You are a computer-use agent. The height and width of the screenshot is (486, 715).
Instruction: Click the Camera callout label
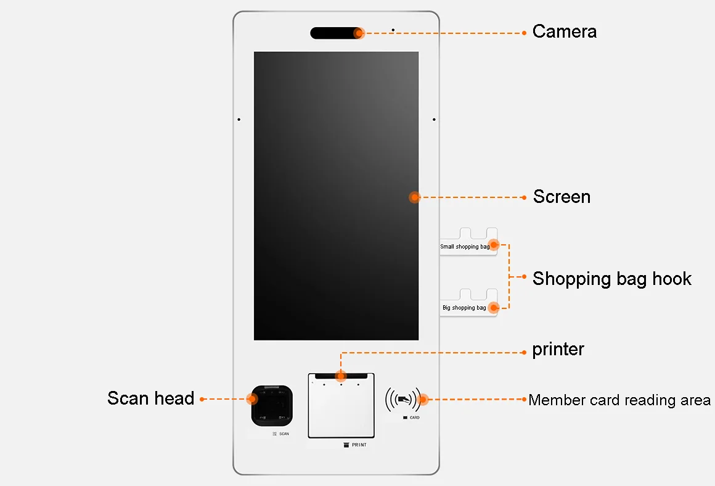click(x=564, y=31)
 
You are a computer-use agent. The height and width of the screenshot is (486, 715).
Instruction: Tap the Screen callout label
click(x=562, y=197)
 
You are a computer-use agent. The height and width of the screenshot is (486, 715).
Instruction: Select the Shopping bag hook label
click(x=611, y=279)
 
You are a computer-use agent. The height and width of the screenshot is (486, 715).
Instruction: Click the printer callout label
click(x=558, y=349)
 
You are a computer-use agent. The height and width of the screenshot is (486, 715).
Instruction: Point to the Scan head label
click(x=150, y=398)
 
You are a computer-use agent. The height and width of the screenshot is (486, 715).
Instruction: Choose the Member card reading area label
click(x=619, y=400)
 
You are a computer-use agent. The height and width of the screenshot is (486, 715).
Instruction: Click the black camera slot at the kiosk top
click(x=335, y=33)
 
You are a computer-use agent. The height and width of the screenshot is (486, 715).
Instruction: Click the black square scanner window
click(x=272, y=405)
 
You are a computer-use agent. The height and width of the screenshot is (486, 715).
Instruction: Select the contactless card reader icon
click(x=402, y=399)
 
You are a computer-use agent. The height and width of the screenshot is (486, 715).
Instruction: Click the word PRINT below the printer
click(x=359, y=445)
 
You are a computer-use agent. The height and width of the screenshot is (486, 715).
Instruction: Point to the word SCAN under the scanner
click(x=284, y=434)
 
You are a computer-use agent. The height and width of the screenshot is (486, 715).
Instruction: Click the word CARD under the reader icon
click(x=414, y=418)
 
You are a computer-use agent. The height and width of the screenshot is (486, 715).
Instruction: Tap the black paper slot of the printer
click(x=341, y=376)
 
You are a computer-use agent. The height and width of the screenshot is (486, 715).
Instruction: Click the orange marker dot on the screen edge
click(x=415, y=197)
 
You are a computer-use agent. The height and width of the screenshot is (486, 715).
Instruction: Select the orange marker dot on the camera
click(x=359, y=33)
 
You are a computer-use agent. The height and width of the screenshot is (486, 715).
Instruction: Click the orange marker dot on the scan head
click(x=251, y=398)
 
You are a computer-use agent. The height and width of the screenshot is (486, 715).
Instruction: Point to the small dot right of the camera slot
click(x=393, y=30)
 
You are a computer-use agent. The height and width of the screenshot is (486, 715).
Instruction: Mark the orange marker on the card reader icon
click(x=423, y=399)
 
